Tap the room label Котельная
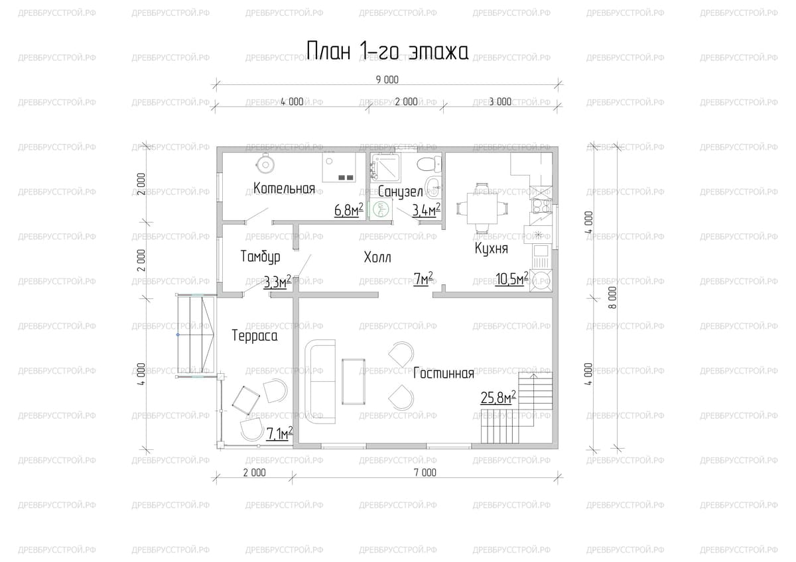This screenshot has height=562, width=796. pyautogui.click(x=285, y=188)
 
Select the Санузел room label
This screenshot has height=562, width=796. pyautogui.click(x=401, y=192)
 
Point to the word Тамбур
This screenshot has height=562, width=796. pyautogui.click(x=261, y=256)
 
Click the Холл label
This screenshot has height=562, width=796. pyautogui.click(x=377, y=257)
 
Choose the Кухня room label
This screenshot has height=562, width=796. pyautogui.click(x=492, y=248)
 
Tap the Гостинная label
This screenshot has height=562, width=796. pyautogui.click(x=444, y=374)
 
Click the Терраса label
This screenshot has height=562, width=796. pyautogui.click(x=255, y=336)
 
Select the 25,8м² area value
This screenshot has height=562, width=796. pyautogui.click(x=498, y=398)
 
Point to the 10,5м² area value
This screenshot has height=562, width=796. pyautogui.click(x=511, y=279)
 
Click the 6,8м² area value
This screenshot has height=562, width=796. pyautogui.click(x=349, y=210)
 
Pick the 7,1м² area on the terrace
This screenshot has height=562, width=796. pyautogui.click(x=279, y=433)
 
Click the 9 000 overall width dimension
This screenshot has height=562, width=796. pyautogui.click(x=387, y=80)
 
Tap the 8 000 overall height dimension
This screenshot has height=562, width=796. pyautogui.click(x=613, y=298)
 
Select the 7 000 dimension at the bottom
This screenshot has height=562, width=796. pyautogui.click(x=425, y=473)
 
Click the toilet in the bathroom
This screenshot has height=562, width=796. pyautogui.click(x=429, y=165)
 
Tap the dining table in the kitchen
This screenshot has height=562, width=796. pyautogui.click(x=482, y=208)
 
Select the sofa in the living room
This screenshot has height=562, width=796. pyautogui.click(x=320, y=382)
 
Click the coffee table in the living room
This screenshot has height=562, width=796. pyautogui.click(x=354, y=382)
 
